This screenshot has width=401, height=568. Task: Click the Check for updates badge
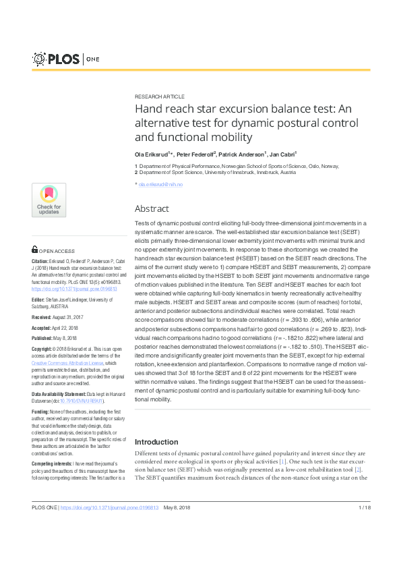tap(49, 200)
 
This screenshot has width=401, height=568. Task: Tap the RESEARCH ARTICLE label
tap(160, 96)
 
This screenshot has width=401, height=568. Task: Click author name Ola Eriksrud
tap(152, 154)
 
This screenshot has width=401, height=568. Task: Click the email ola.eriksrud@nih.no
tap(160, 184)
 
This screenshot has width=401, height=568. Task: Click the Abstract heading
tap(152, 208)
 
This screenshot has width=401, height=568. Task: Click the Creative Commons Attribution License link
tap(65, 362)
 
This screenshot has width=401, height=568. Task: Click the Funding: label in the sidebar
tap(40, 411)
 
